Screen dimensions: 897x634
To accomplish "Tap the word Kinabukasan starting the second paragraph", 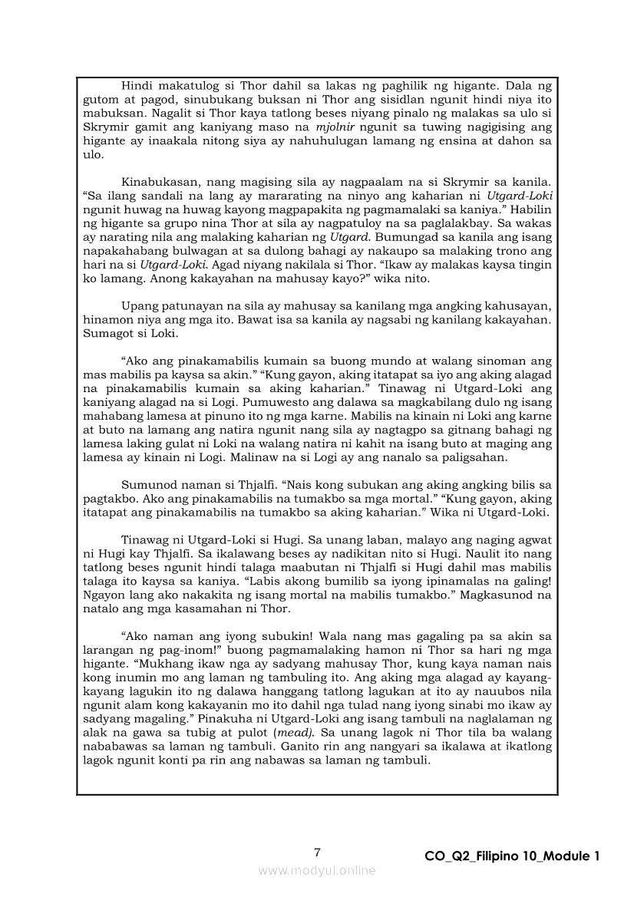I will click(164, 180).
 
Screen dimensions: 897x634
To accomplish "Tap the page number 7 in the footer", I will click(317, 852).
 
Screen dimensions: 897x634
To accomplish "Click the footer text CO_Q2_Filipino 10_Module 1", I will click(511, 856).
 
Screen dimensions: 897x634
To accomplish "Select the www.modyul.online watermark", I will click(317, 870).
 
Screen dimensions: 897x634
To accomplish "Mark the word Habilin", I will click(531, 209).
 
